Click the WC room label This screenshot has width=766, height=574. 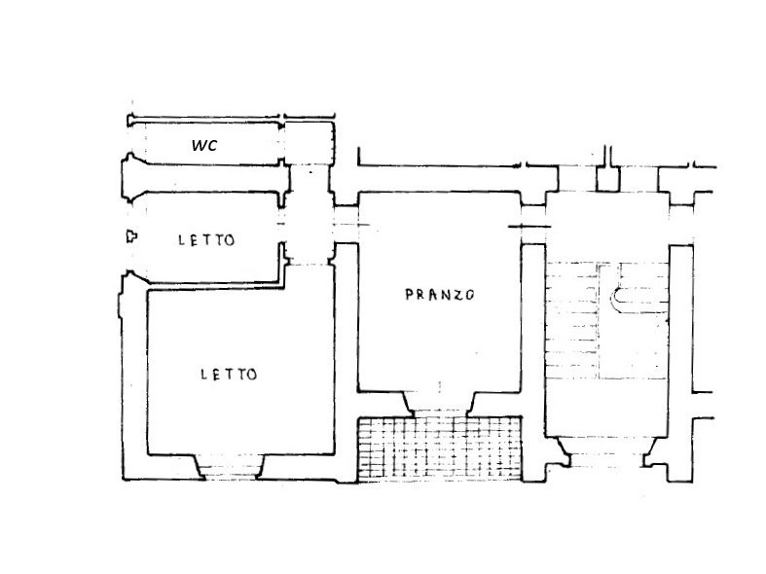click(204, 146)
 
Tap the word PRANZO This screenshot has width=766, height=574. click(440, 295)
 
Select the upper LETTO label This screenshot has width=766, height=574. click(206, 240)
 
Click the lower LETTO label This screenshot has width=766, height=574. click(229, 375)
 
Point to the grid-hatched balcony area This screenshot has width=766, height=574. click(440, 449)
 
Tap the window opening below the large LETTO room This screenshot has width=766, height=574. click(230, 467)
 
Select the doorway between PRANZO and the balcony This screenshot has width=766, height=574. click(440, 404)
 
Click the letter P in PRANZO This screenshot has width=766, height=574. click(410, 295)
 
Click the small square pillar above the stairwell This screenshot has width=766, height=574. click(608, 179)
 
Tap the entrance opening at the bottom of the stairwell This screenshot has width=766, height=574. click(606, 459)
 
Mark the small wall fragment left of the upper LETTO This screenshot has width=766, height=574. click(131, 236)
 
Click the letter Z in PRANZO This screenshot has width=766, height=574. click(456, 295)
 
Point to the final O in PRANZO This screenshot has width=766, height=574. click(469, 295)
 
